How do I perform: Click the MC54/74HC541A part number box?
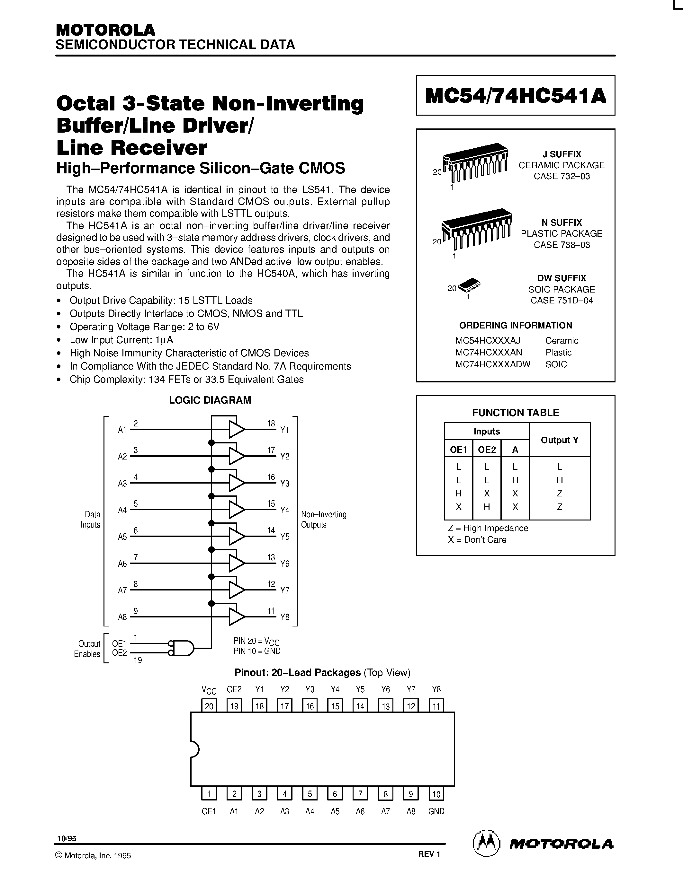click(x=516, y=95)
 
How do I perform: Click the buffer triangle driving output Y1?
click(x=236, y=429)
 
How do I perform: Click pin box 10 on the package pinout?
click(x=436, y=794)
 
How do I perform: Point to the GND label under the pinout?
click(x=436, y=811)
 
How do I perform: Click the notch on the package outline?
click(x=194, y=749)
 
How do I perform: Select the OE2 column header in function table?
click(x=487, y=450)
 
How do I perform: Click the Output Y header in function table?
click(x=560, y=440)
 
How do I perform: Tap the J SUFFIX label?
click(x=562, y=154)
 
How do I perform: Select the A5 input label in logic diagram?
click(x=122, y=537)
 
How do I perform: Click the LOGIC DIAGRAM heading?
click(x=210, y=400)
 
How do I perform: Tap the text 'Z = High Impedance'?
click(x=488, y=528)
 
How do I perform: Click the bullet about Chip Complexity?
click(x=186, y=379)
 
